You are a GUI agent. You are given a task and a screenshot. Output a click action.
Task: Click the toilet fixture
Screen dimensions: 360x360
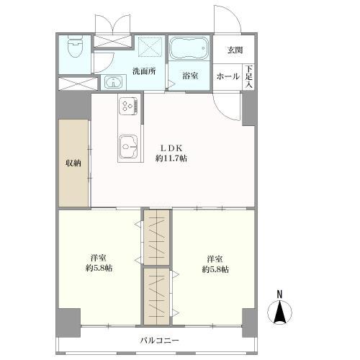point(75,47)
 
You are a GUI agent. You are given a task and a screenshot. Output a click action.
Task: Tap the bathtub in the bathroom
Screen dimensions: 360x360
point(189,48)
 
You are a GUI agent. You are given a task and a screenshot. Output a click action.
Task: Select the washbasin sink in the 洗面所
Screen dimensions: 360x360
point(113,82)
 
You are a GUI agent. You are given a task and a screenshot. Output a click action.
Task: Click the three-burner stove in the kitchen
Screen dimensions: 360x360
point(127,106)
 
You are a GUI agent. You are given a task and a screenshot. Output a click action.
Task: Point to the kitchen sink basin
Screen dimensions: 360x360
point(128,146)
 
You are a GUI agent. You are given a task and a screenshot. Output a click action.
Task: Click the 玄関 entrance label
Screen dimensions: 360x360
point(235,50)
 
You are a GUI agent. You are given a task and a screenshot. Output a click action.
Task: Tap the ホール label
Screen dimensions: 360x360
point(228,76)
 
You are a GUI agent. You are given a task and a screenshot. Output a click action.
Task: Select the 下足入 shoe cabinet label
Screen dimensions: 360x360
point(249,76)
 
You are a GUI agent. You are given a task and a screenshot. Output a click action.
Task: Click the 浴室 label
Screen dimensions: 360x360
point(190,76)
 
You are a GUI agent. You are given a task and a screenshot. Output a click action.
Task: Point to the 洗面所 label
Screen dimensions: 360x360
point(144,71)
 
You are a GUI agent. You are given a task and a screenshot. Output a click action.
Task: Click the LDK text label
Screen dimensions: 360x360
point(171,148)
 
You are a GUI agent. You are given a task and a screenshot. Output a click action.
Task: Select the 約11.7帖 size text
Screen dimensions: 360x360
point(171,158)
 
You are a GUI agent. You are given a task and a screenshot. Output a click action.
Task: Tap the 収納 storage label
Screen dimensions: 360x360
point(73,163)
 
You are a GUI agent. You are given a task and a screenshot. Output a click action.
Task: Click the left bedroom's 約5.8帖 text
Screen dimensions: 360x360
point(99,268)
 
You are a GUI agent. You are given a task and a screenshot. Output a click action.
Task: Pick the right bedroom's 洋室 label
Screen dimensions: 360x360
point(215,259)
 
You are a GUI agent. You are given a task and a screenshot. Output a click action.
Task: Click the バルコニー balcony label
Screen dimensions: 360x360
point(160,341)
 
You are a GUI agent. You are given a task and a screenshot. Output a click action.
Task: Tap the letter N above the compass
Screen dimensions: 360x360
point(279,294)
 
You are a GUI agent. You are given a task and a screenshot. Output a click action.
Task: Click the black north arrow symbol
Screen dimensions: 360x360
point(279,312)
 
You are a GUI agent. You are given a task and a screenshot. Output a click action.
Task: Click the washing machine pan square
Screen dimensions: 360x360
point(150,46)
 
